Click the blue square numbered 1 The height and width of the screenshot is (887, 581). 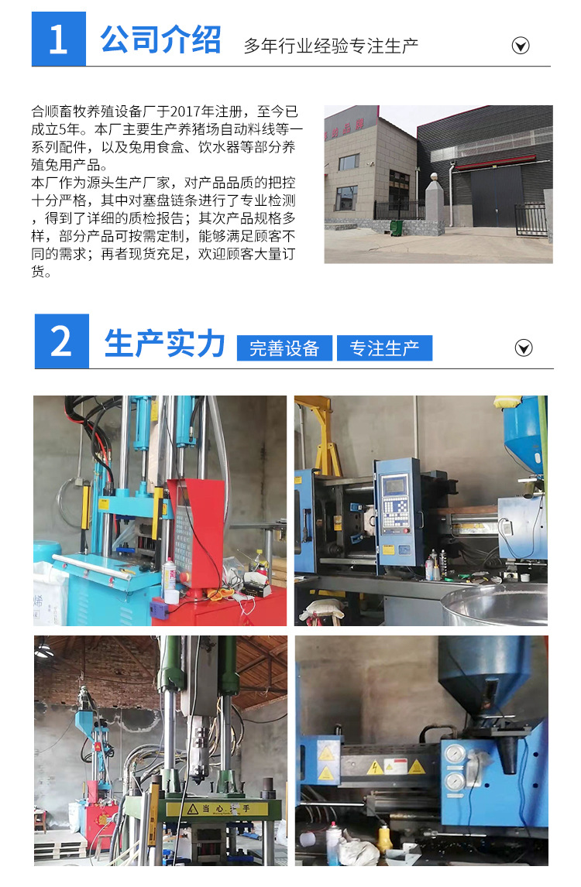pyautogui.click(x=59, y=39)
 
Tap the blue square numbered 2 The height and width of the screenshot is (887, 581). pyautogui.click(x=62, y=341)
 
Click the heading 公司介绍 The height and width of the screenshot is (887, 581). pyautogui.click(x=160, y=39)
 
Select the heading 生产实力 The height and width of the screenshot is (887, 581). pyautogui.click(x=164, y=343)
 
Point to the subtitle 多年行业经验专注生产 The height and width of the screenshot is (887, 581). pyautogui.click(x=331, y=46)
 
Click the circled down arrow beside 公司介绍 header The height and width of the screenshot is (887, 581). pyautogui.click(x=521, y=45)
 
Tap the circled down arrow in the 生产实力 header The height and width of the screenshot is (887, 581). pyautogui.click(x=524, y=348)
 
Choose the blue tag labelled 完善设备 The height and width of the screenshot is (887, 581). pyautogui.click(x=284, y=348)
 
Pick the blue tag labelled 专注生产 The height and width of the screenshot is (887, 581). pyautogui.click(x=384, y=348)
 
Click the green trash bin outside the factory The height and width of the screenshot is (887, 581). pyautogui.click(x=397, y=228)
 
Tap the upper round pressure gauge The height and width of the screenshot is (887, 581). pyautogui.click(x=456, y=754)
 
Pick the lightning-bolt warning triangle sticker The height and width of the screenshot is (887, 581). pyautogui.click(x=375, y=768)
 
